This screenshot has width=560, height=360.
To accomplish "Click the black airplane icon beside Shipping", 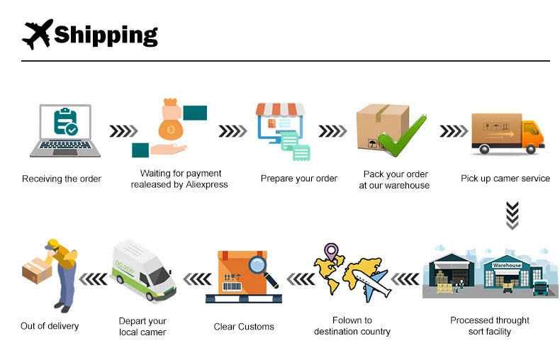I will (x=38, y=33).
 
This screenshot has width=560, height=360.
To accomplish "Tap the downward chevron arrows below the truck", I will (x=512, y=215).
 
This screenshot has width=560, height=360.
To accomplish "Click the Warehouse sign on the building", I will (x=507, y=265).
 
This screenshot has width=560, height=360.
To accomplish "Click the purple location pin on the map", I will (x=330, y=252).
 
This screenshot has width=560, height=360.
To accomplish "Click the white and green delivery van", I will (x=143, y=271).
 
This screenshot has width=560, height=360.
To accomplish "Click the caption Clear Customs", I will (x=244, y=327).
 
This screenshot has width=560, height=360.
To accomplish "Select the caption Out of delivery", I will (x=50, y=326).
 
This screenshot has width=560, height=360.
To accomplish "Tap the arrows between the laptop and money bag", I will (x=123, y=131).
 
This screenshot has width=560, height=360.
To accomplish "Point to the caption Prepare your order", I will (x=299, y=179).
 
